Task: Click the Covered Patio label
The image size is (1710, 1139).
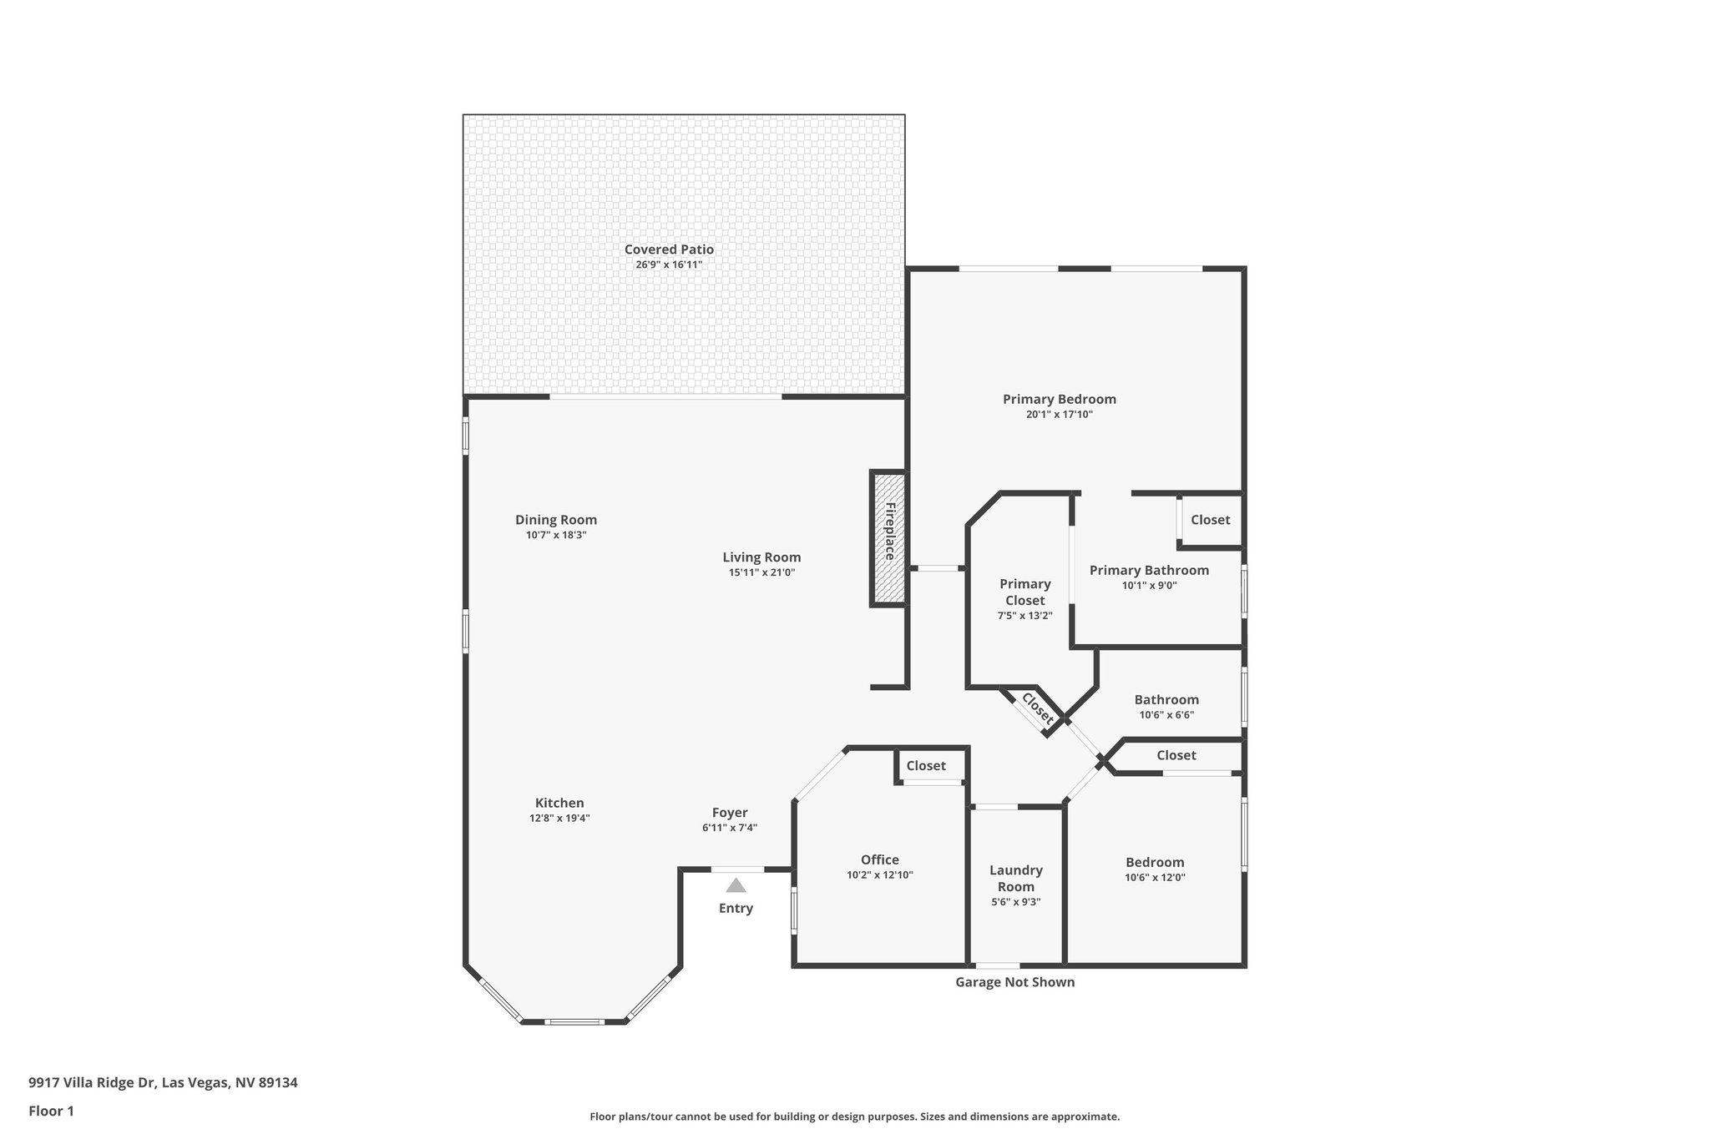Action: point(669,249)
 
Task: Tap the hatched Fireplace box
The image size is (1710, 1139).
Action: point(889,538)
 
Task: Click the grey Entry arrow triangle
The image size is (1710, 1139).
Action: point(736,885)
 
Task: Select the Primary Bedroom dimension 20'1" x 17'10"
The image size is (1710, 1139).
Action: point(1059,414)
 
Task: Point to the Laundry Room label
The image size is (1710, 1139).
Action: point(1015,878)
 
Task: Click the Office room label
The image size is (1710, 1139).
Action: point(879,859)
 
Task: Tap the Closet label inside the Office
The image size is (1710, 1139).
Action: point(926,765)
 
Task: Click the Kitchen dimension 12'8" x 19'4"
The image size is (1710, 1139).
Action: point(559,819)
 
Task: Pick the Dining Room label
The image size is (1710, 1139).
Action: point(555,520)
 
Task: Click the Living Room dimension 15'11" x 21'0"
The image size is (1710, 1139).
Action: point(761,572)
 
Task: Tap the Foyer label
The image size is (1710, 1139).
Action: point(729,813)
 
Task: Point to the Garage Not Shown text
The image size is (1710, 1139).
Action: point(1014,982)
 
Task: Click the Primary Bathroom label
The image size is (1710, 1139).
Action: point(1149,570)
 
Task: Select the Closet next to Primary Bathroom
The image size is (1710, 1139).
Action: point(1210,519)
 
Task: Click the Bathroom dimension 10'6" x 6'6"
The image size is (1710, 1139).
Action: point(1166,715)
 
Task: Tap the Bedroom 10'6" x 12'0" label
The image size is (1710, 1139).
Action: point(1155,862)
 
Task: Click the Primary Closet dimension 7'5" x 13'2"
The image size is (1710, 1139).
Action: point(1024,616)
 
